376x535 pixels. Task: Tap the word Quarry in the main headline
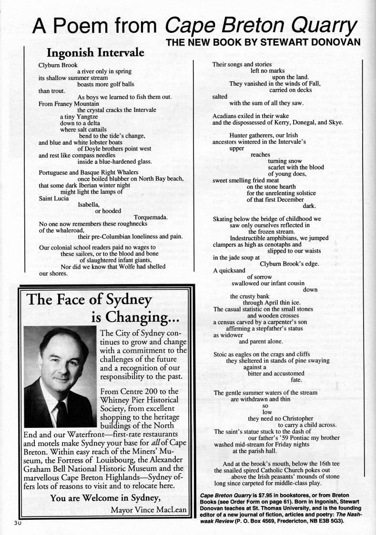coord(313,25)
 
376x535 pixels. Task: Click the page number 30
coord(13,523)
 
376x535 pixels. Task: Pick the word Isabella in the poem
coord(89,205)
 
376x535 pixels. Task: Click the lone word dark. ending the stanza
coord(309,206)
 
